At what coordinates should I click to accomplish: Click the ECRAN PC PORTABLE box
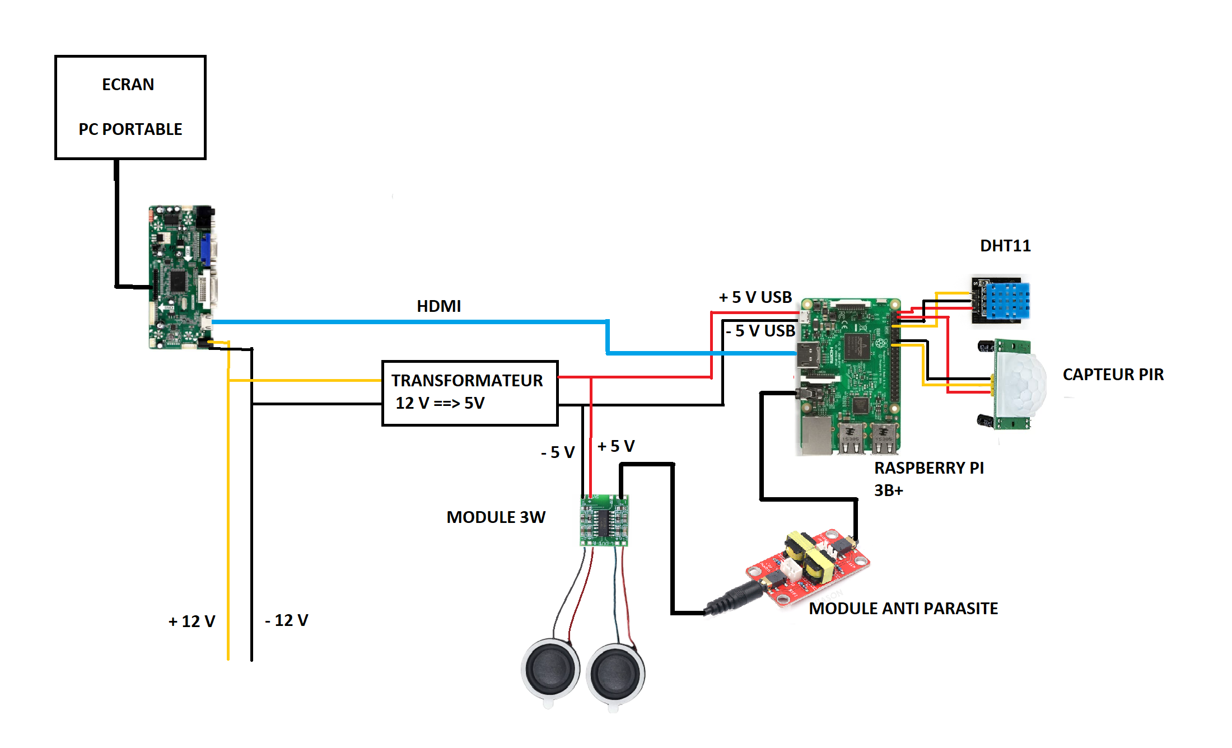point(130,107)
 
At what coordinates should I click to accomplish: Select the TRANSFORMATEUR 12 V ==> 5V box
point(469,392)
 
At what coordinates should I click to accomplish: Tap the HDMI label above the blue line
point(438,306)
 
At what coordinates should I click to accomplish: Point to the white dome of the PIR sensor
point(1020,383)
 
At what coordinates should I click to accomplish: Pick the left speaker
point(550,669)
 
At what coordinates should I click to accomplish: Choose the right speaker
point(615,674)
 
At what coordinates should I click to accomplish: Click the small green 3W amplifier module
point(604,520)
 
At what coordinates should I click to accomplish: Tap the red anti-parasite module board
point(808,567)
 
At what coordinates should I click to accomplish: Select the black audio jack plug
point(734,598)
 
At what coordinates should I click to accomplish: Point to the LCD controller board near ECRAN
point(182,277)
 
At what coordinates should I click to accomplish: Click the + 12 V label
point(192,621)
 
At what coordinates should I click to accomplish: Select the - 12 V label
point(286,620)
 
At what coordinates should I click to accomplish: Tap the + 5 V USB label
point(755,297)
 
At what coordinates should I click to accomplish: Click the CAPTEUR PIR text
point(1113,375)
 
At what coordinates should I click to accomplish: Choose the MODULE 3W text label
point(496,517)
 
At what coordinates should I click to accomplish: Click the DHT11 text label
point(1005,246)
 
